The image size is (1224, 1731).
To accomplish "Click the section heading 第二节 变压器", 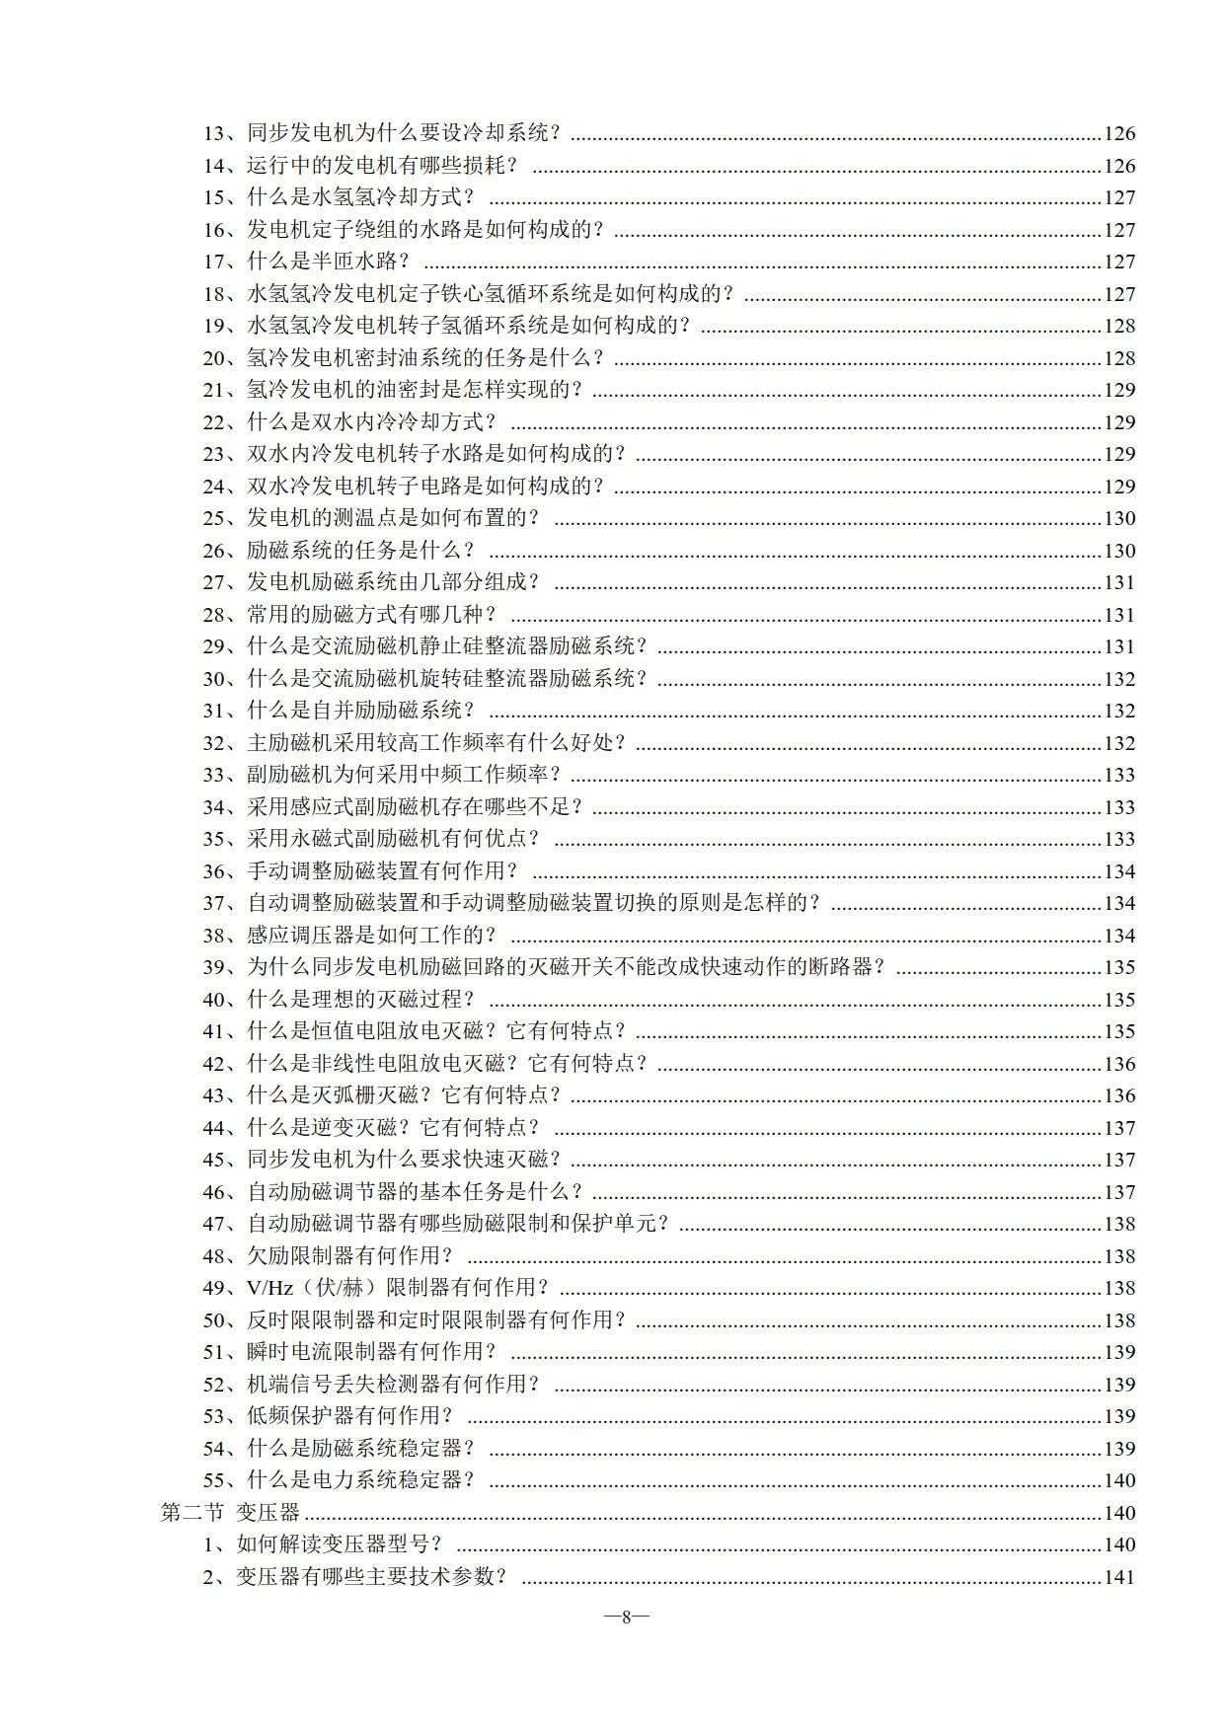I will [230, 1512].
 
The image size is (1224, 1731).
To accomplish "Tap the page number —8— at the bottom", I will [625, 1617].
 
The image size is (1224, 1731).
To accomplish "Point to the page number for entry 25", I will [1119, 518].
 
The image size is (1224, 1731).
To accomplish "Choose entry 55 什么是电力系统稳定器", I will [342, 1480].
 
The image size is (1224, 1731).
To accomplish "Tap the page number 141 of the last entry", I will [1119, 1577].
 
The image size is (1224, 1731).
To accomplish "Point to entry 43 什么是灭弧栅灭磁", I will [385, 1095].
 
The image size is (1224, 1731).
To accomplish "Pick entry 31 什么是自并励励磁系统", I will [342, 711].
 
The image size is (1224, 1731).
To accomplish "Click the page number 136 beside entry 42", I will [1119, 1064].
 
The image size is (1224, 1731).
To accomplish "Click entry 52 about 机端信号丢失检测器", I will [373, 1385].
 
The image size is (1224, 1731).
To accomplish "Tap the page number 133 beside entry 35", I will [1119, 839].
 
